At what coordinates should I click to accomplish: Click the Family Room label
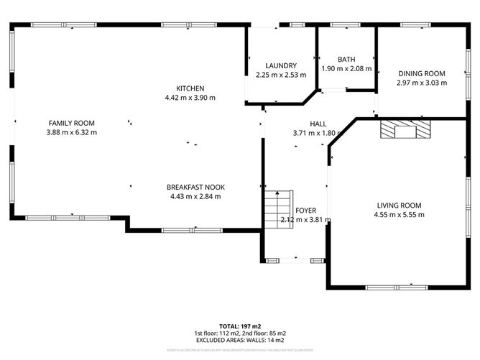[71, 123]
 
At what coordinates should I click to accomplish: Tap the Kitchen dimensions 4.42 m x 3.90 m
[190, 98]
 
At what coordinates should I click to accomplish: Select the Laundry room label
[281, 65]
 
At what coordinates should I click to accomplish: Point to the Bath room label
[346, 60]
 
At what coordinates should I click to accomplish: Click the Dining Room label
[422, 73]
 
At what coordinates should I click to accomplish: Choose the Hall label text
[319, 124]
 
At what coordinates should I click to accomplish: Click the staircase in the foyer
[277, 208]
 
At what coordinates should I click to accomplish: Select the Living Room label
[399, 205]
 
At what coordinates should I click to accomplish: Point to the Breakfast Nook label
[195, 187]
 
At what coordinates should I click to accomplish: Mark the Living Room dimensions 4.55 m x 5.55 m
[399, 214]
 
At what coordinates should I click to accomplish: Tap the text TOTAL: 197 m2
[240, 326]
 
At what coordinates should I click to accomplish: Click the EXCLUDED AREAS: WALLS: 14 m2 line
[240, 340]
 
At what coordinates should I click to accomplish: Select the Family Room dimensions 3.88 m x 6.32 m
[71, 132]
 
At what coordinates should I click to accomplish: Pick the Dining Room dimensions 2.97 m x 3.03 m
[422, 83]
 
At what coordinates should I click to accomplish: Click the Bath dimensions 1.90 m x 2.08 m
[346, 69]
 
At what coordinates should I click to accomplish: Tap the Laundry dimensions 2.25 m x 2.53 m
[281, 75]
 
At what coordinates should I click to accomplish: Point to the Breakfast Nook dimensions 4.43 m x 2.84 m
[195, 196]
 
